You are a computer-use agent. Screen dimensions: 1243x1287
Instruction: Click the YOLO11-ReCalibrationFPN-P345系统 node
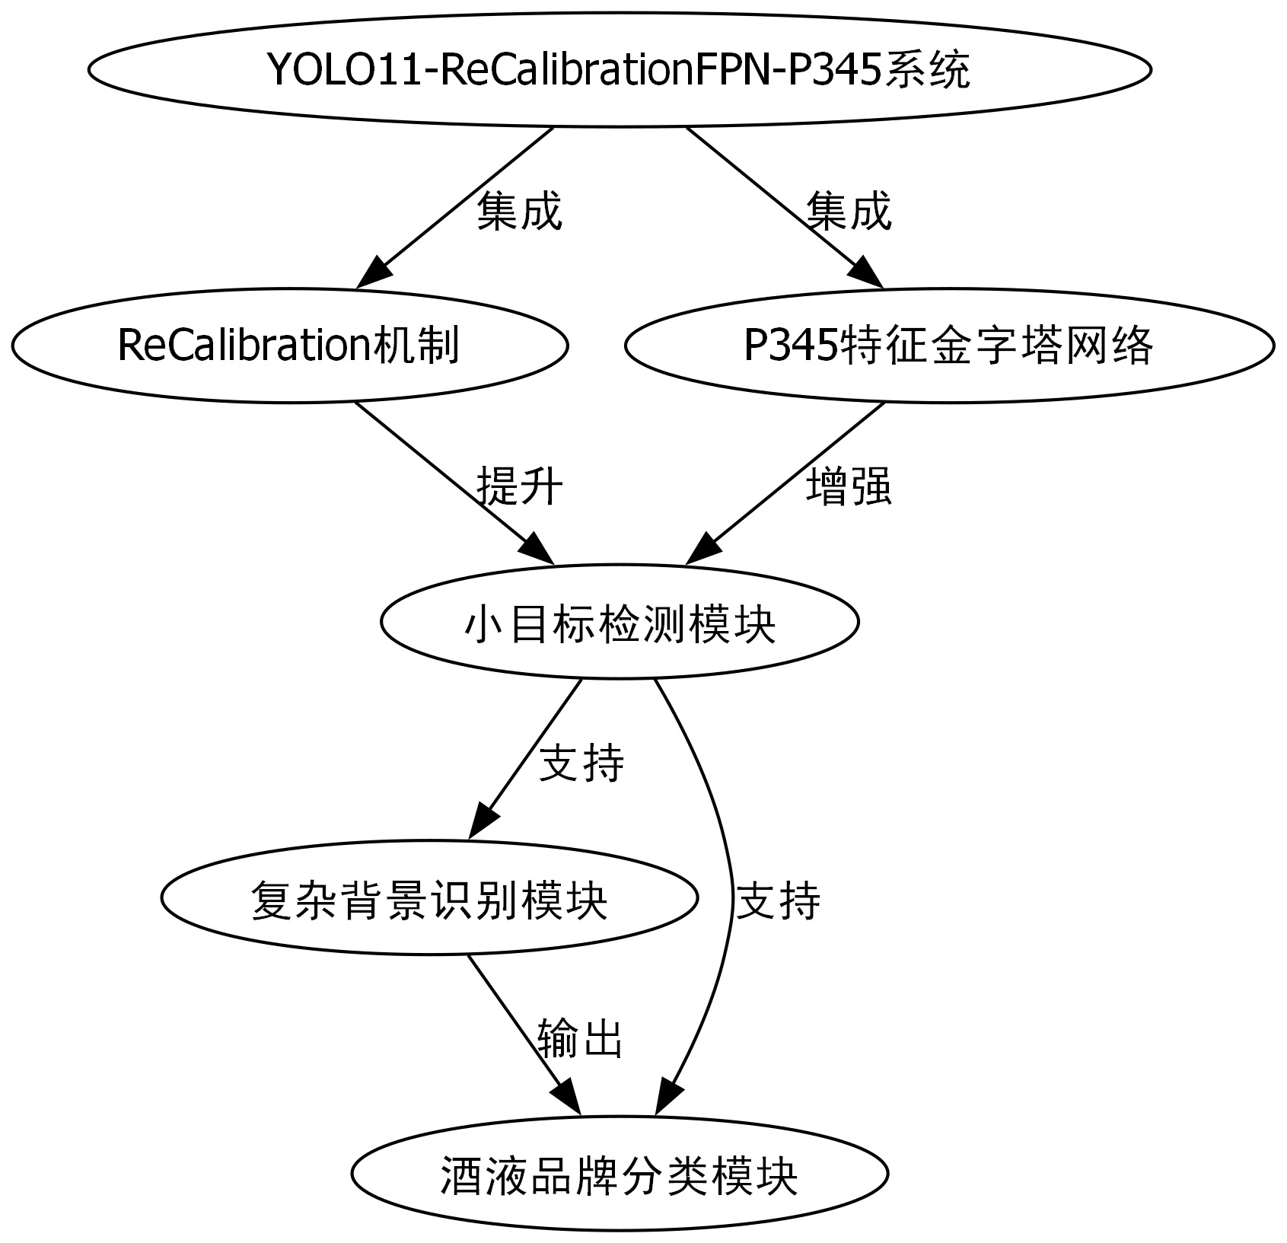(619, 69)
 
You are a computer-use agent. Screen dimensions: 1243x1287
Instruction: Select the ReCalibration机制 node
(289, 345)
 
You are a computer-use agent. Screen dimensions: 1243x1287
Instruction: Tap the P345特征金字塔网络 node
(948, 345)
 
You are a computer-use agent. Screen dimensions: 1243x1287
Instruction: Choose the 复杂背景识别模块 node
(429, 897)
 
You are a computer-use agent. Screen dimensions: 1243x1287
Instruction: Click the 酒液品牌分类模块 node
(620, 1174)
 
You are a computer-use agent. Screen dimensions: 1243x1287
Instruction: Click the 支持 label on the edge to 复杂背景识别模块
(581, 763)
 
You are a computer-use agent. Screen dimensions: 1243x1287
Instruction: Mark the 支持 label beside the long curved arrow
(778, 900)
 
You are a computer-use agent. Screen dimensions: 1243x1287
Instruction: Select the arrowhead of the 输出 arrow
(568, 1099)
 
